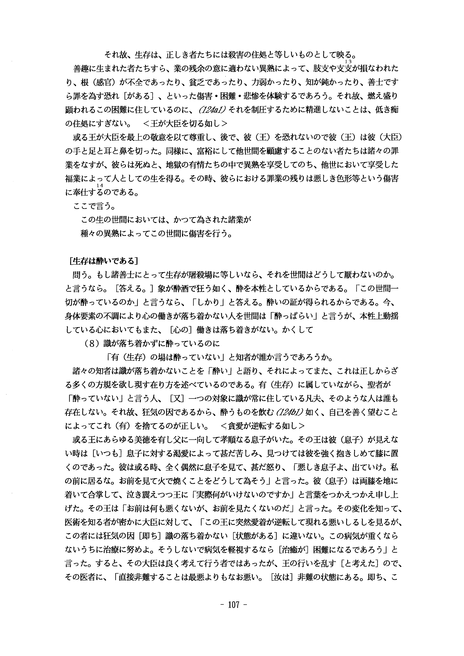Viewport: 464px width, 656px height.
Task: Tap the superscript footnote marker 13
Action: click(x=348, y=61)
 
